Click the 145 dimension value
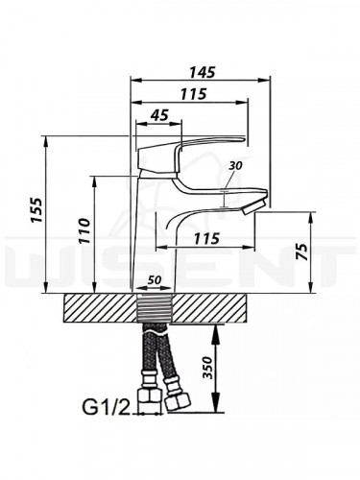[203, 72]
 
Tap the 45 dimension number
[159, 115]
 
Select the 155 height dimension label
[36, 209]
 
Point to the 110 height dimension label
[84, 230]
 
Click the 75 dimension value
[301, 252]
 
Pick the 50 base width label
[155, 280]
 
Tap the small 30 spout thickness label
[235, 165]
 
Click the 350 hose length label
[208, 367]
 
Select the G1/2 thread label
[106, 408]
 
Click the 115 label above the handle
[193, 94]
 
